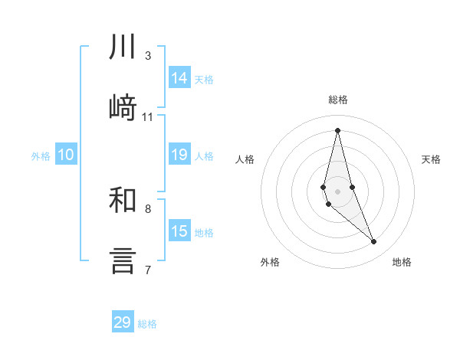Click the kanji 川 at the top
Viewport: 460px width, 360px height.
tap(123, 47)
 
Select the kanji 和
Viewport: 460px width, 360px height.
tap(123, 200)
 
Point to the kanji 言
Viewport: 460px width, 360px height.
tap(123, 260)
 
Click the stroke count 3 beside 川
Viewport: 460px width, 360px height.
tap(148, 56)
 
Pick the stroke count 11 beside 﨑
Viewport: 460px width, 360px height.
tap(148, 117)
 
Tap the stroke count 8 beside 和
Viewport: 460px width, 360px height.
tap(148, 208)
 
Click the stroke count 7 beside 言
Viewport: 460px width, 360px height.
tap(148, 270)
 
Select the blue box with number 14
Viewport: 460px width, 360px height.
tap(179, 78)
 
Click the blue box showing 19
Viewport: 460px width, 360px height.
tap(179, 155)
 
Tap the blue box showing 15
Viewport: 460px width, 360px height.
tap(179, 231)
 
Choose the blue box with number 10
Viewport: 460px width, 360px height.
tap(66, 155)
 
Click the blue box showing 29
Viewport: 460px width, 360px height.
tap(123, 322)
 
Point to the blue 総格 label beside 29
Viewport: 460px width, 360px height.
tap(147, 324)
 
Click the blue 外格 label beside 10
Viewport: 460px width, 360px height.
tap(41, 156)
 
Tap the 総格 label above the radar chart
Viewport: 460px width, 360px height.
tap(338, 100)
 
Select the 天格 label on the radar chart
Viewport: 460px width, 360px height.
tap(432, 159)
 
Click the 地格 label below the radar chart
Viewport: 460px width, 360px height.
tap(402, 262)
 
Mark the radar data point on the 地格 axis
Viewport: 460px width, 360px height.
tap(374, 242)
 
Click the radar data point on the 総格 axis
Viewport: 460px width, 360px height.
tap(337, 130)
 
